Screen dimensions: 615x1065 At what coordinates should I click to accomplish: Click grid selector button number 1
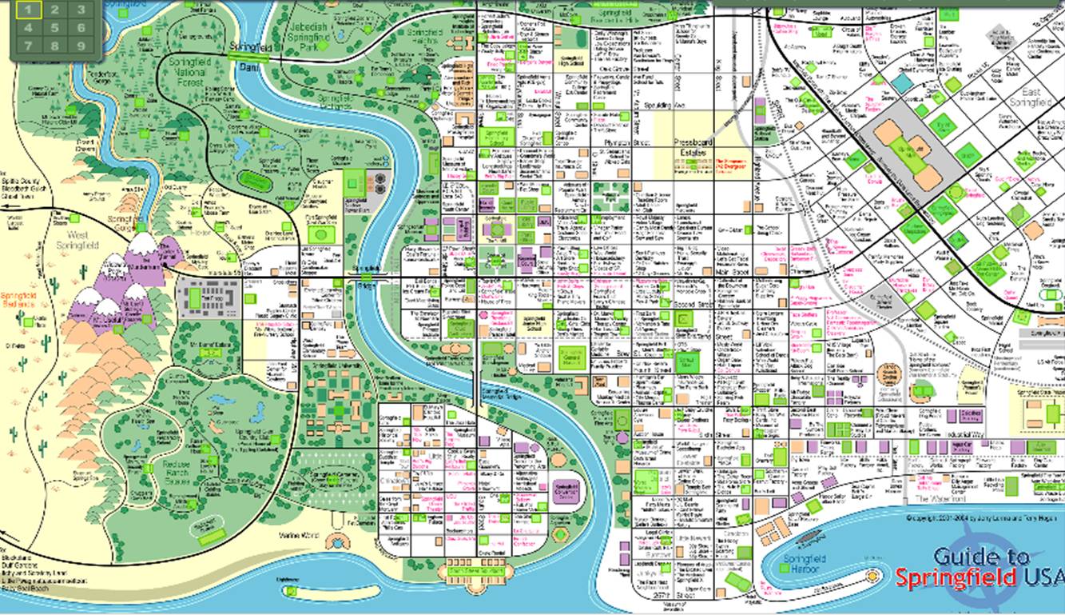pyautogui.click(x=29, y=10)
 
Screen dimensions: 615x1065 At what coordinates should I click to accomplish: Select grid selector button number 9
pyautogui.click(x=81, y=46)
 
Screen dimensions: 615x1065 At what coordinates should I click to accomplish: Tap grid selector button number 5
pyautogui.click(x=55, y=28)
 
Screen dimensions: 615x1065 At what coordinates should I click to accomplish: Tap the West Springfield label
pyautogui.click(x=77, y=240)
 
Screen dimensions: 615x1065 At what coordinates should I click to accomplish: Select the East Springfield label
pyautogui.click(x=1031, y=97)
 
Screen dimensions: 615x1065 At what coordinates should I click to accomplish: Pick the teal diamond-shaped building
pyautogui.click(x=902, y=82)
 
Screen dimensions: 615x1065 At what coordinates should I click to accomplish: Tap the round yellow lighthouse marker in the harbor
pyautogui.click(x=873, y=576)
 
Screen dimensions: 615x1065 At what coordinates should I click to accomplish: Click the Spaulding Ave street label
pyautogui.click(x=654, y=105)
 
